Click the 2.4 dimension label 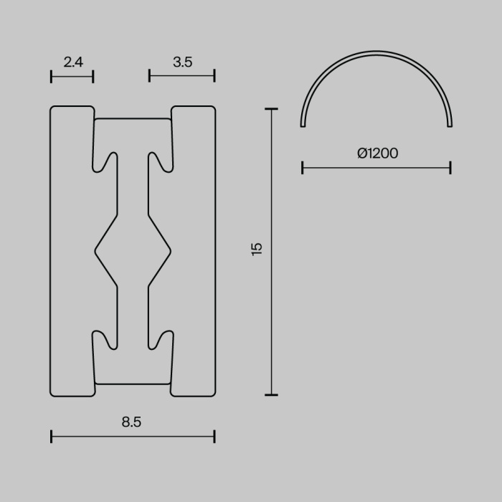[x=73, y=62]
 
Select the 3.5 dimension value [x=183, y=62]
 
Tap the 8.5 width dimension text [x=131, y=422]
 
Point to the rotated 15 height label [x=257, y=249]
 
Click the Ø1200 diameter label [x=377, y=153]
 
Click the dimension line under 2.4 [x=72, y=76]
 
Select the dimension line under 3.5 [x=182, y=76]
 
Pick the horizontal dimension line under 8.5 [x=133, y=435]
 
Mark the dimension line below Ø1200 [x=376, y=168]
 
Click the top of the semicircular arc [x=376, y=52]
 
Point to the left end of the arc [x=303, y=125]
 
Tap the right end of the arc [x=450, y=125]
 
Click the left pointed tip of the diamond [x=96, y=251]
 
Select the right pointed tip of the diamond [x=170, y=251]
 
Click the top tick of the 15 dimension [x=271, y=109]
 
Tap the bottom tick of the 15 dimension [x=271, y=394]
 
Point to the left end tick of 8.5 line [x=52, y=435]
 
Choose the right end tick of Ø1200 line [x=450, y=168]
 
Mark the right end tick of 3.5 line [x=214, y=76]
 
